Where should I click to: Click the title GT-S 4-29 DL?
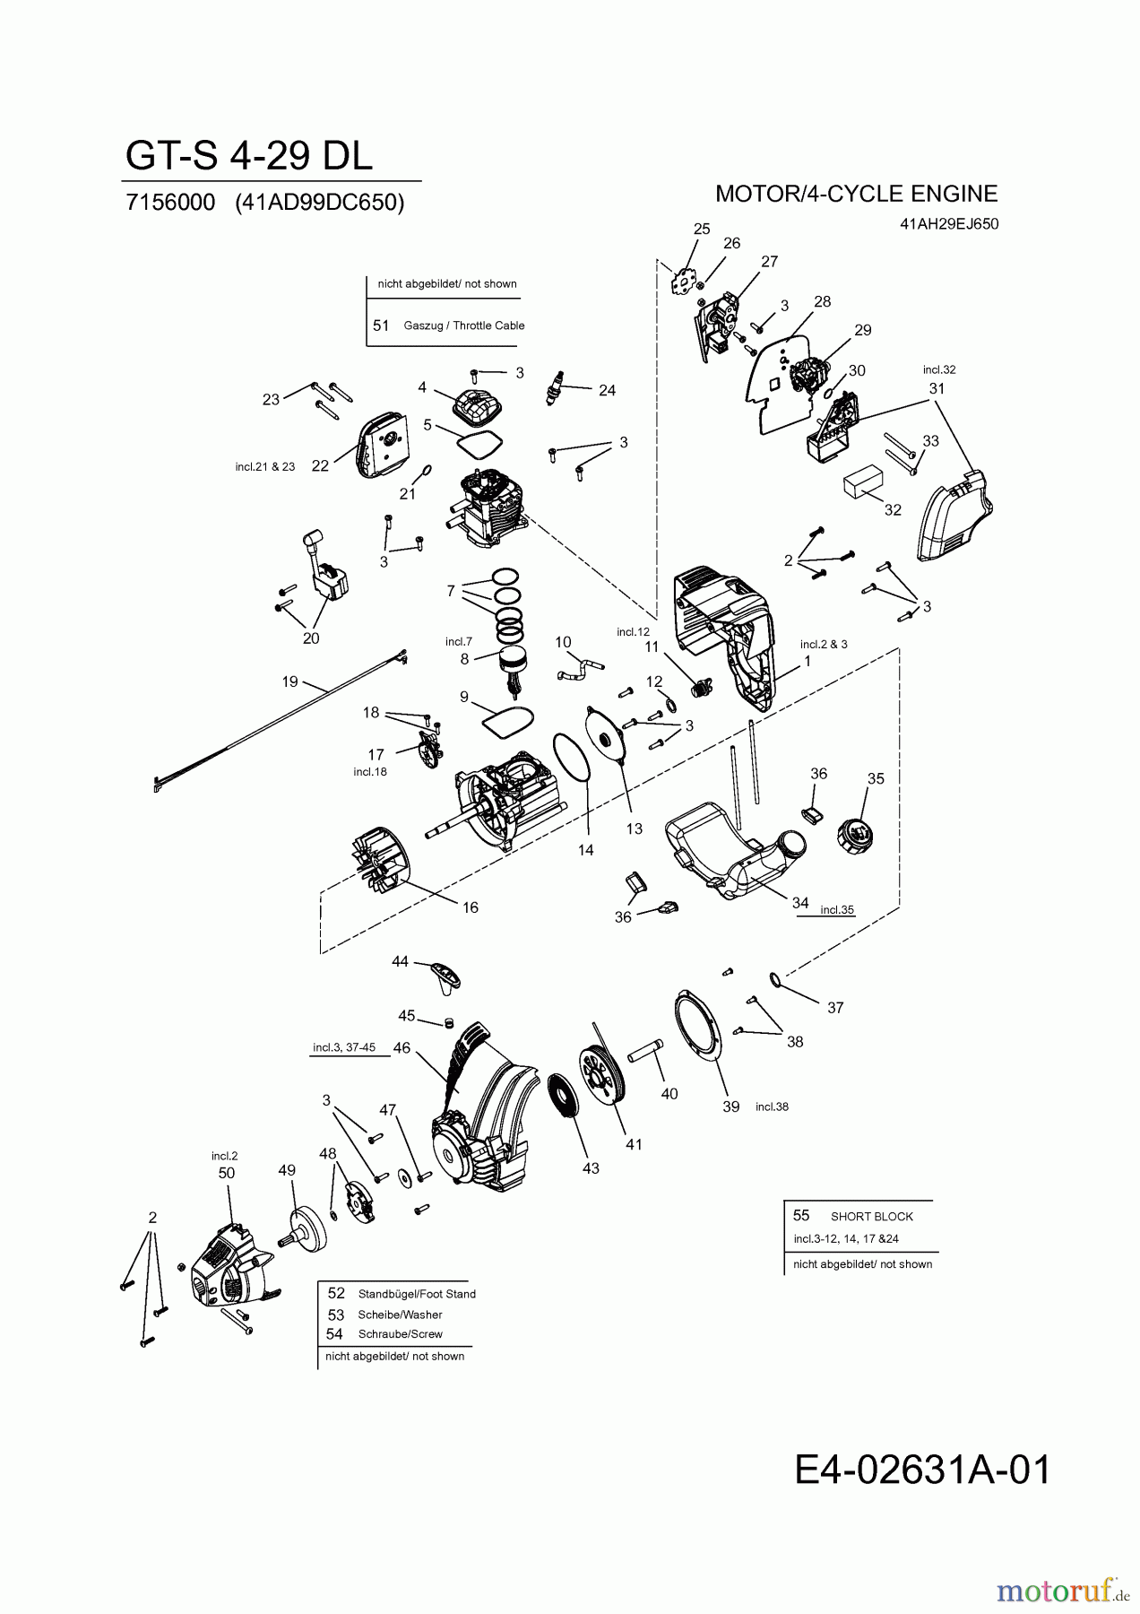(x=248, y=156)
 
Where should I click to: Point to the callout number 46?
(x=402, y=1047)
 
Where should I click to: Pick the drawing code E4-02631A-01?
(x=921, y=1471)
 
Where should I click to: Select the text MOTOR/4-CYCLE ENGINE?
(x=856, y=194)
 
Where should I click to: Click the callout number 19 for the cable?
(x=289, y=681)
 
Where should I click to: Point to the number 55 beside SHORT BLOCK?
(x=801, y=1215)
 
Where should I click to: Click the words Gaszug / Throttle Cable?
(x=463, y=325)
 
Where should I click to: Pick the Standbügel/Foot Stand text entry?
(x=416, y=1294)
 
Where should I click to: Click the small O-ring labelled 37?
(x=775, y=979)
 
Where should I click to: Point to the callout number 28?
(x=823, y=301)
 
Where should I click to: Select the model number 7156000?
(x=170, y=203)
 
